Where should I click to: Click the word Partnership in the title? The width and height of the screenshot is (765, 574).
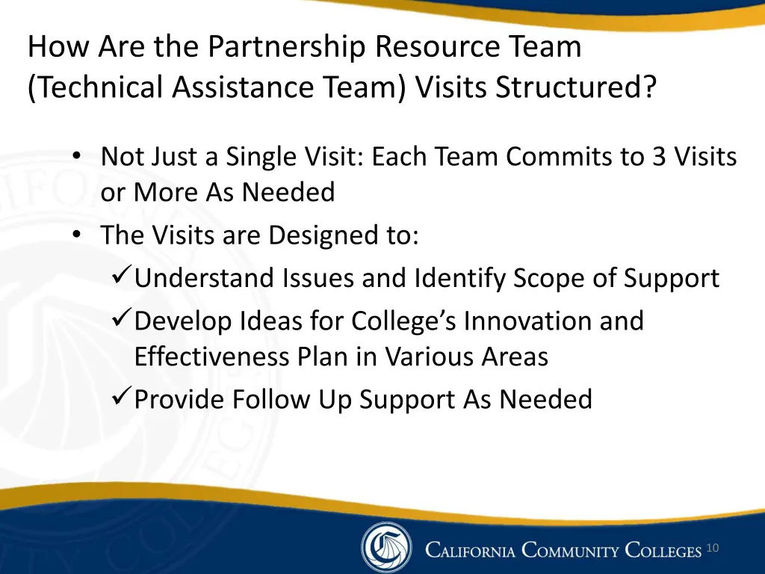click(x=287, y=48)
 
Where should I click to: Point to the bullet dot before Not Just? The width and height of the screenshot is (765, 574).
click(x=78, y=158)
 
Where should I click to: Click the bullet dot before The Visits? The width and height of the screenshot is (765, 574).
click(x=78, y=236)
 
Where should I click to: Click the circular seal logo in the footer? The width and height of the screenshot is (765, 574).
click(x=386, y=548)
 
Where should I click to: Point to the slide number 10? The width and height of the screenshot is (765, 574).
click(x=712, y=549)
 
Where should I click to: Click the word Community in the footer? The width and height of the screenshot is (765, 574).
click(x=571, y=552)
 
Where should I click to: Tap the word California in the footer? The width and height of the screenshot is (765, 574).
click(x=470, y=552)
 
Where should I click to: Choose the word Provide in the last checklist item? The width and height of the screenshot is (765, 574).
click(x=179, y=399)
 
